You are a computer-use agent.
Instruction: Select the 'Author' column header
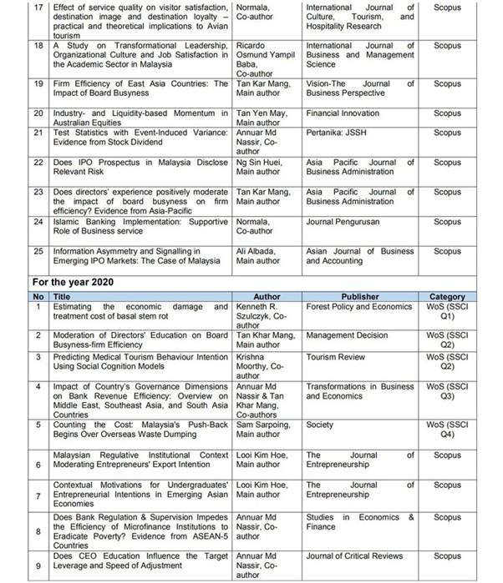point(267,296)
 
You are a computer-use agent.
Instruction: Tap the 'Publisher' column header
point(360,296)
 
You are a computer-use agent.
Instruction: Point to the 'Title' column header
point(63,296)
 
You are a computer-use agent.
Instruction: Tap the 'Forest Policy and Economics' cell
point(360,306)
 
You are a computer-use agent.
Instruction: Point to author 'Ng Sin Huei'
point(260,162)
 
